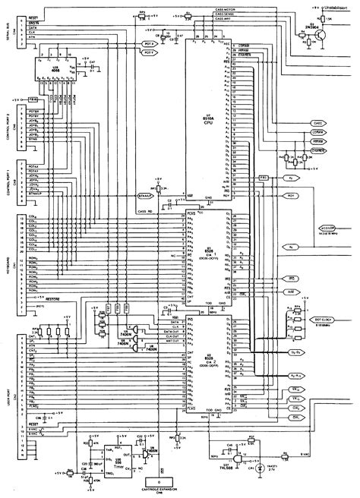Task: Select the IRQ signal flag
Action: click(291, 280)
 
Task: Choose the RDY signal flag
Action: click(291, 194)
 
